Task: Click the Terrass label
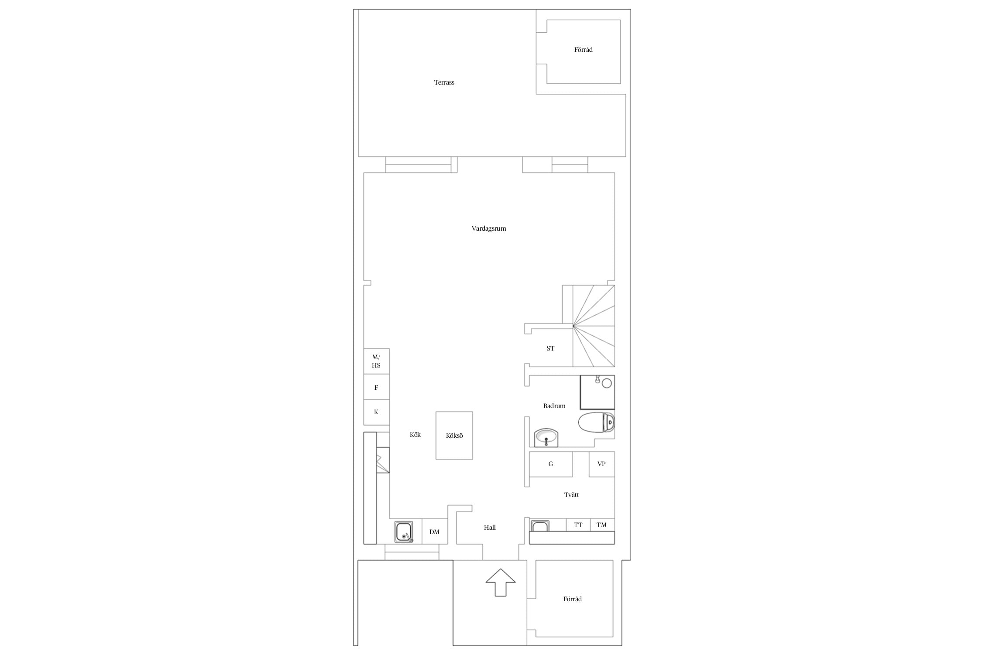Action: coord(444,82)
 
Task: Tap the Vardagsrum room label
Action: coord(489,228)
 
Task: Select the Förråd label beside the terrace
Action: coord(584,50)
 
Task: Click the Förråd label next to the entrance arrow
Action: coord(573,599)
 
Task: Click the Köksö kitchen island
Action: coord(454,436)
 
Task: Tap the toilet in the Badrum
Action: coord(597,422)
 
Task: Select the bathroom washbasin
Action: coord(546,437)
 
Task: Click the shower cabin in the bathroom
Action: coord(597,392)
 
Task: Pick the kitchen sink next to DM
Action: coord(404,532)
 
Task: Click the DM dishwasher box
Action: coord(435,531)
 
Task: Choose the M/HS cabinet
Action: coord(377,361)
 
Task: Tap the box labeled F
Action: coord(377,387)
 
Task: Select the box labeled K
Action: coord(377,412)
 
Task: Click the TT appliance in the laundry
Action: coord(578,525)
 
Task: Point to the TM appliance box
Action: coord(602,525)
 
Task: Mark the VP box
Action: coord(602,464)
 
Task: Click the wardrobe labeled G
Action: coord(551,464)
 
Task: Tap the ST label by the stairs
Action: coord(550,348)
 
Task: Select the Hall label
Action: coord(490,528)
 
